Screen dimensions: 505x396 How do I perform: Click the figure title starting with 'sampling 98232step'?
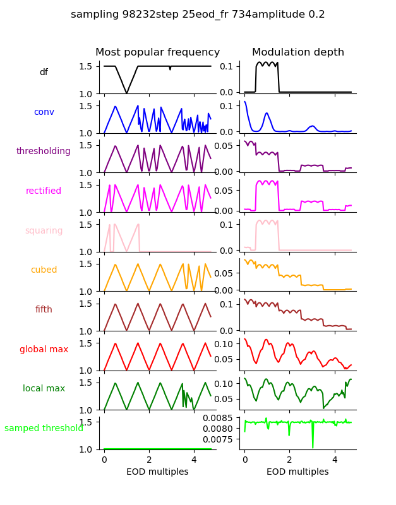(198, 15)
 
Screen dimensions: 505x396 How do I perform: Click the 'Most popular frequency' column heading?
(157, 52)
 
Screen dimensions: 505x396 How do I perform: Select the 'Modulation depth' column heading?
(297, 52)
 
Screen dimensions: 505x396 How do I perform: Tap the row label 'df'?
(44, 73)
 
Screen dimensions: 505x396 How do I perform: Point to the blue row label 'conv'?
(44, 112)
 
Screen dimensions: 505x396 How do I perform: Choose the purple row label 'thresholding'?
(44, 151)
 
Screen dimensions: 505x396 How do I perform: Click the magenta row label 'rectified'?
(44, 191)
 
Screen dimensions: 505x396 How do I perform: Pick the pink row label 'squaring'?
(44, 231)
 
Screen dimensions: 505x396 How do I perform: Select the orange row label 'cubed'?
(44, 270)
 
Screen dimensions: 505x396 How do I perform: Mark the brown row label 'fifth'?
(44, 310)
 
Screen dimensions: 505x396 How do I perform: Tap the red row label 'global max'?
(44, 350)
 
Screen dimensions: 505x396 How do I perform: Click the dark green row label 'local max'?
(44, 389)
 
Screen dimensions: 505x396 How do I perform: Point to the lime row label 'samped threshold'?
(44, 429)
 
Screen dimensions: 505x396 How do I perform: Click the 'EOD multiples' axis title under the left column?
(157, 472)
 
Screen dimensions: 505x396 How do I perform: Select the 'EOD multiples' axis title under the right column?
(297, 472)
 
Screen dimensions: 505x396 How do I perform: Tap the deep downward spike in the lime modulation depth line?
(312, 447)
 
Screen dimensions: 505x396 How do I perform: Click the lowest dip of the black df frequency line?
(127, 93)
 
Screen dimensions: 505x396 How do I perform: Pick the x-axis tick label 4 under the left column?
(194, 460)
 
